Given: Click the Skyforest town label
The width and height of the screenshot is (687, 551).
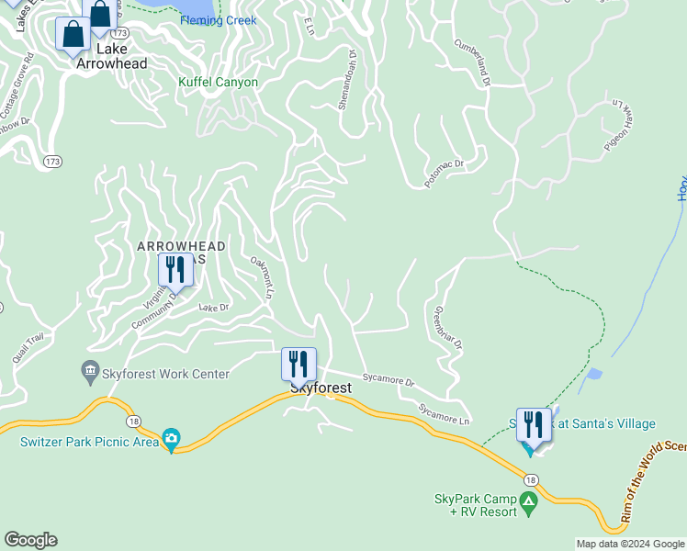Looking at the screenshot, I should click(321, 388).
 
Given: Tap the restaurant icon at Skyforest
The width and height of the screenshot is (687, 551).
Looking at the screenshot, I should click(298, 364).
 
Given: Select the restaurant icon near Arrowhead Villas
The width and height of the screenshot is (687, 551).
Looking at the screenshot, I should click(174, 270).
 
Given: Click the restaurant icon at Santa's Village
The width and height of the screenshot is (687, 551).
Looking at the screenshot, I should click(534, 425).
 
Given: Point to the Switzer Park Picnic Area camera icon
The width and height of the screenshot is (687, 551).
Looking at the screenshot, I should click(171, 440).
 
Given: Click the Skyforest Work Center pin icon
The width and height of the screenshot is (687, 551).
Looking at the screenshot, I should click(90, 373).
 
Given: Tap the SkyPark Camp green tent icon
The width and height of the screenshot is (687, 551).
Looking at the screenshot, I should click(528, 502).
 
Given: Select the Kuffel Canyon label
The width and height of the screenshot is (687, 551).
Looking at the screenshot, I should click(218, 82).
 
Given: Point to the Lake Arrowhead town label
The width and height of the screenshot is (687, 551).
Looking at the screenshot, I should click(112, 55).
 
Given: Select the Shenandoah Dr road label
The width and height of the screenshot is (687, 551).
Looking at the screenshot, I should click(347, 80).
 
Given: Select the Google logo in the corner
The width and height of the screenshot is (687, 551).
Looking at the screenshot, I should click(30, 540).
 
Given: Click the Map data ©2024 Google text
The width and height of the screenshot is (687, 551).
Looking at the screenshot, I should click(630, 544).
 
